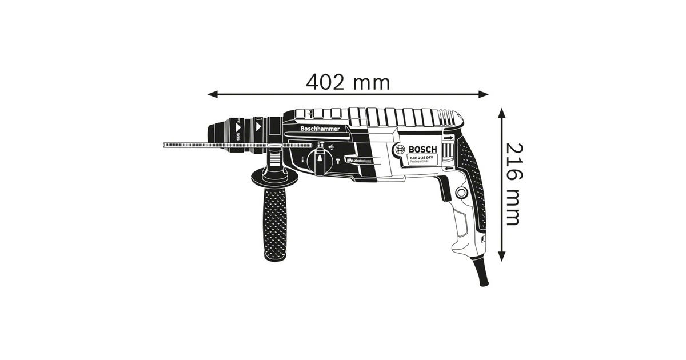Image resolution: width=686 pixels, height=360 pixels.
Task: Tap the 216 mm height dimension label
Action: coord(513,183)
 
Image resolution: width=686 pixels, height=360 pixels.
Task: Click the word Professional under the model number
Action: coord(418,162)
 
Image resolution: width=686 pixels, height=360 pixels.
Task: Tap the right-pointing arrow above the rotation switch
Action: coord(448,138)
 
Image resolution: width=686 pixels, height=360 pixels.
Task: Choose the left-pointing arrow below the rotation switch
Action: coord(448,169)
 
